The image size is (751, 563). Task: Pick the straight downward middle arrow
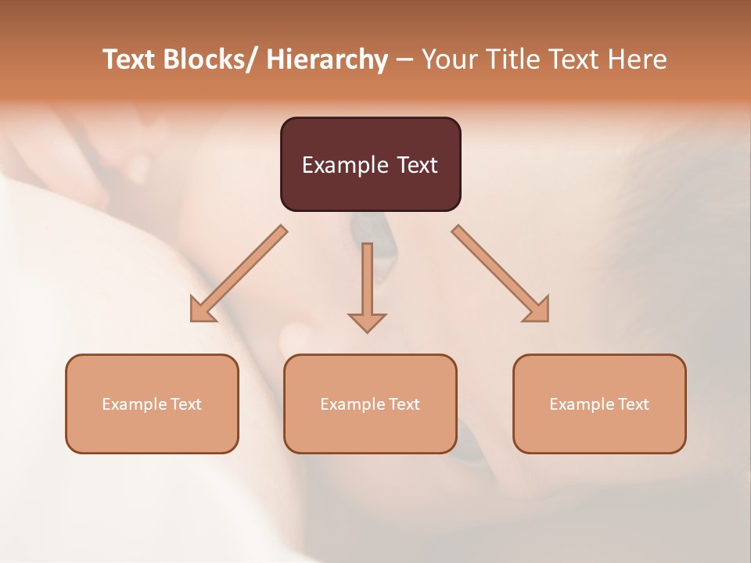point(367,285)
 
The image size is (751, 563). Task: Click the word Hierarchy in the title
point(327,59)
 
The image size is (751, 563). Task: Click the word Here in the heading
point(636,59)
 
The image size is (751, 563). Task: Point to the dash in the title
point(404,60)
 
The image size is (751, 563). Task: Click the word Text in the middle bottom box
point(404,404)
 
